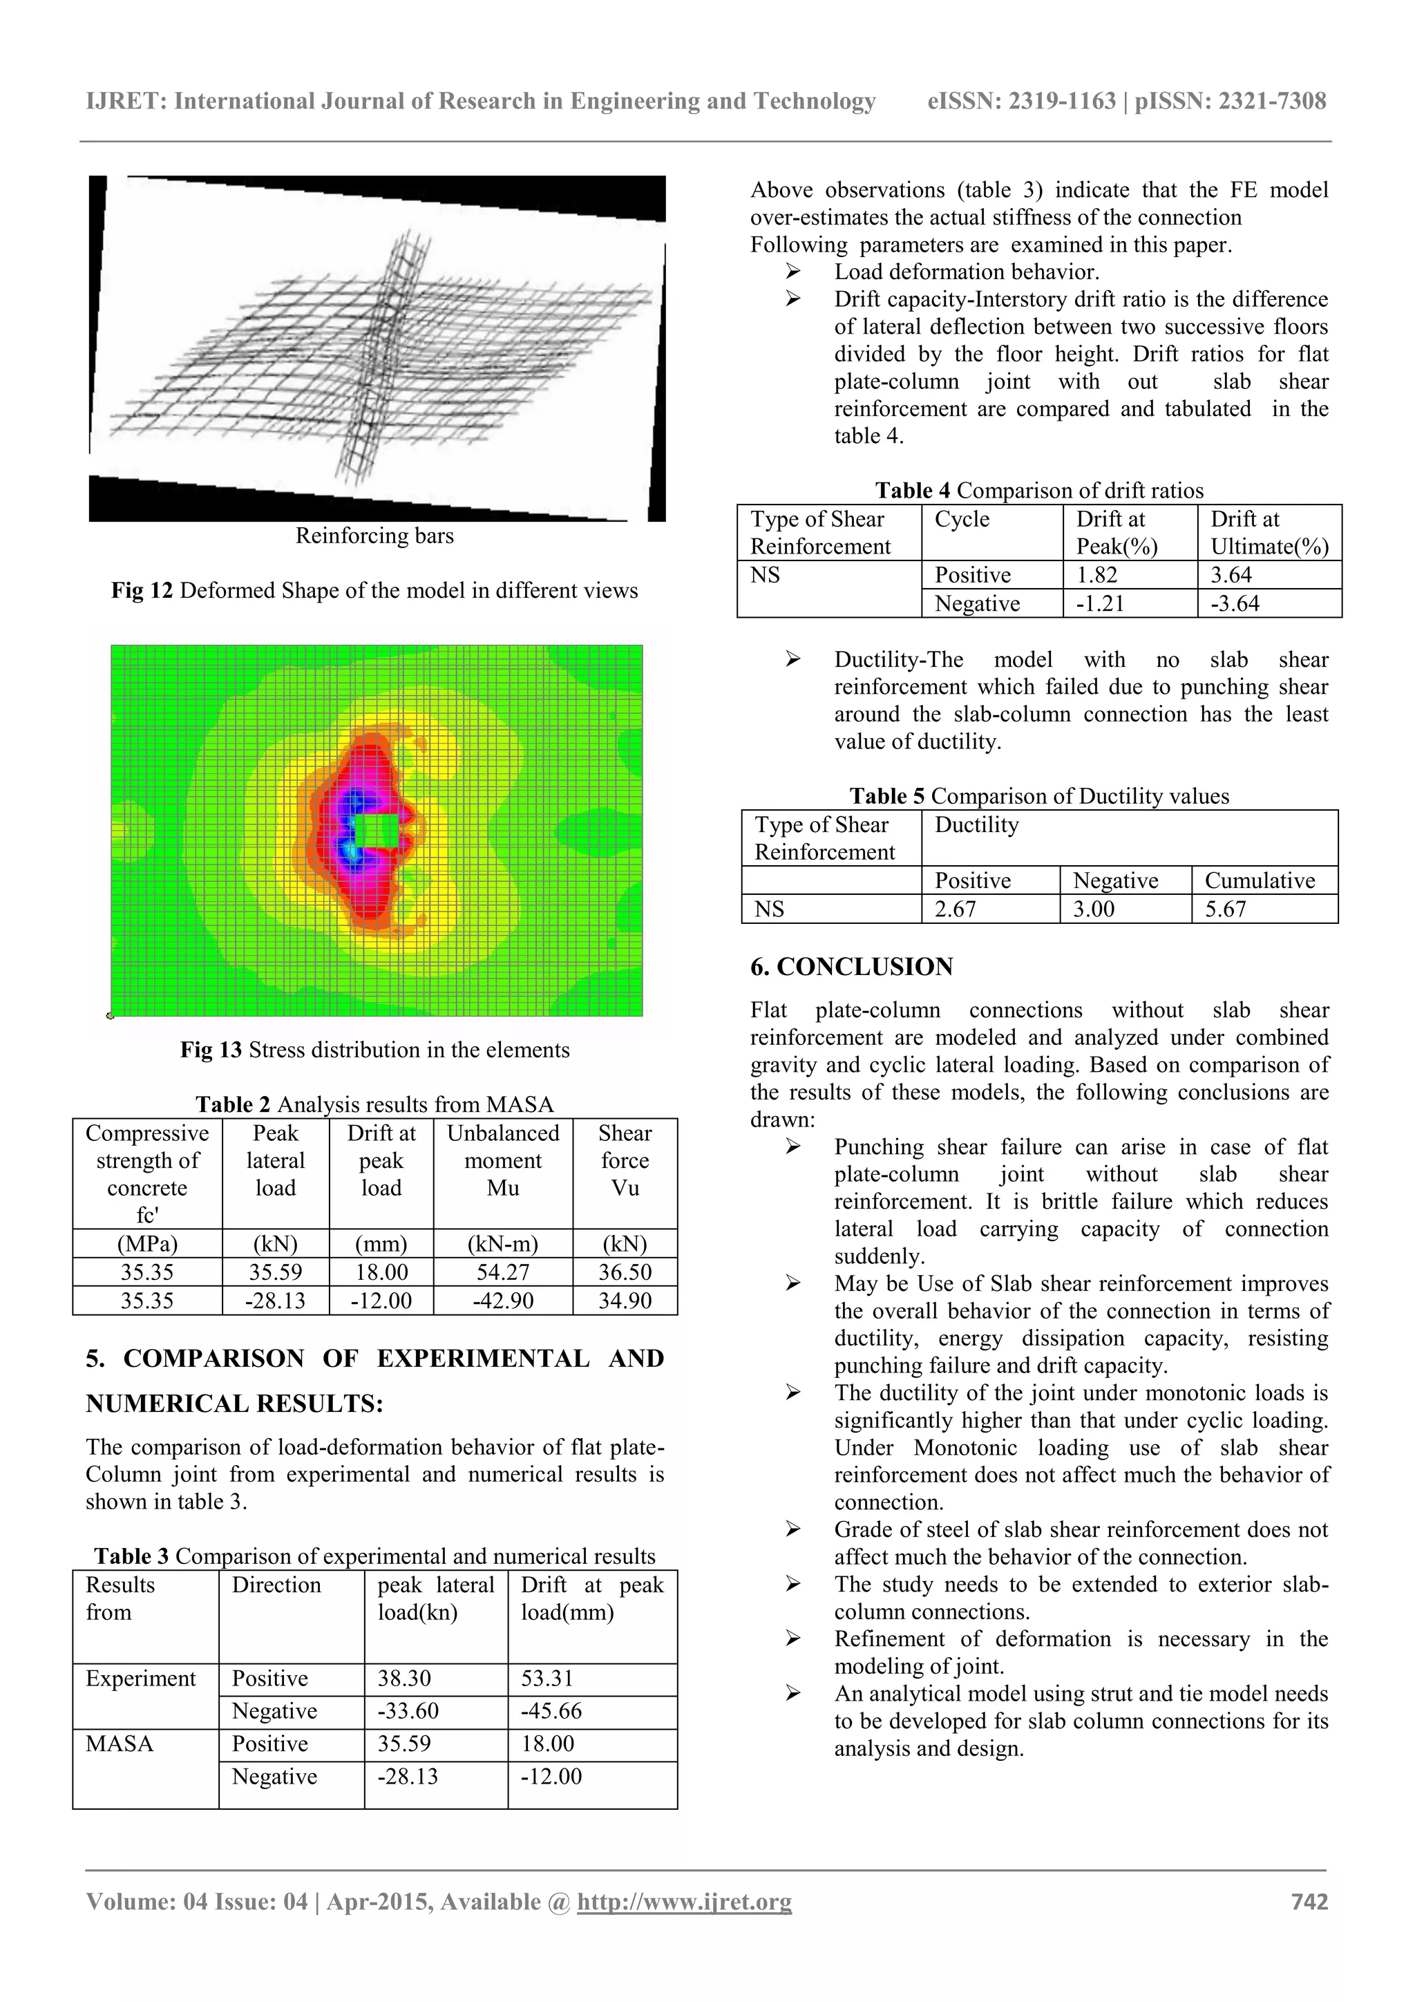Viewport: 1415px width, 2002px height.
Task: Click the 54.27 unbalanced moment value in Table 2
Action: coord(502,1272)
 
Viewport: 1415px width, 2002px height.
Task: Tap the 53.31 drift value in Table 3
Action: coord(547,1679)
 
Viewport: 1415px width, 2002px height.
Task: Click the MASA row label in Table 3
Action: coord(120,1744)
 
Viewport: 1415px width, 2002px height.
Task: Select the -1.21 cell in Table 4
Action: coord(1099,603)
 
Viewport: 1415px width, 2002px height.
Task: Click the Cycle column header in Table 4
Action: coord(962,520)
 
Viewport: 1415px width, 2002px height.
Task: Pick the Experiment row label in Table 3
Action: coord(140,1679)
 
